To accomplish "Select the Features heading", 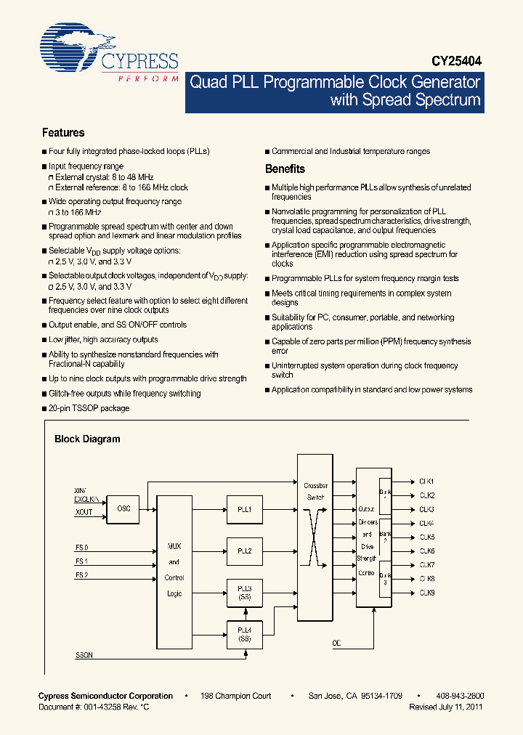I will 63,133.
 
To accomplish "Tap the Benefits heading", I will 285,168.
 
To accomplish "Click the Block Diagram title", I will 87,439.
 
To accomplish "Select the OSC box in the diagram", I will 123,509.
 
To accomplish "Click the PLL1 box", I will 244,510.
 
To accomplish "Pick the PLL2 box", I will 244,551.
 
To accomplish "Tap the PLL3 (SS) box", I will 244,592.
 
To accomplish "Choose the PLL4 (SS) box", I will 244,633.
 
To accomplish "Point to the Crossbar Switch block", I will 315,537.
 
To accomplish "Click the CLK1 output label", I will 426,482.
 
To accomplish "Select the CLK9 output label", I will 426,593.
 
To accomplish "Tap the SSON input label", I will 84,655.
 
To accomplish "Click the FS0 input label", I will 81,547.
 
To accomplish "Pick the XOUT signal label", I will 84,513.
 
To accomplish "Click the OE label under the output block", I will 336,643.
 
